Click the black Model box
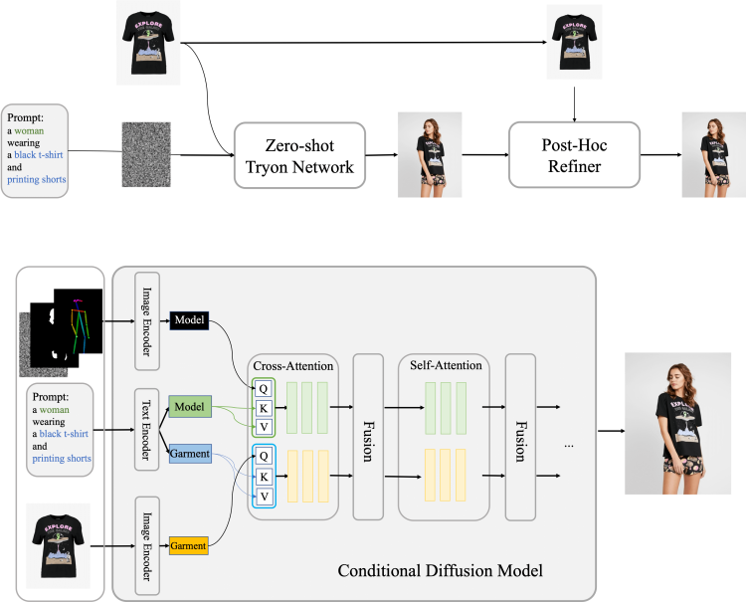click(189, 319)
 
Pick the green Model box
click(189, 407)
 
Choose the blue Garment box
click(189, 454)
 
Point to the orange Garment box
click(188, 545)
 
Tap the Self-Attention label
click(445, 365)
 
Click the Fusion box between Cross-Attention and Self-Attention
click(368, 436)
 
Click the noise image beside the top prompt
click(146, 154)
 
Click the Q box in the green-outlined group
click(265, 390)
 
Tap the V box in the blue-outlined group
click(265, 497)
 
